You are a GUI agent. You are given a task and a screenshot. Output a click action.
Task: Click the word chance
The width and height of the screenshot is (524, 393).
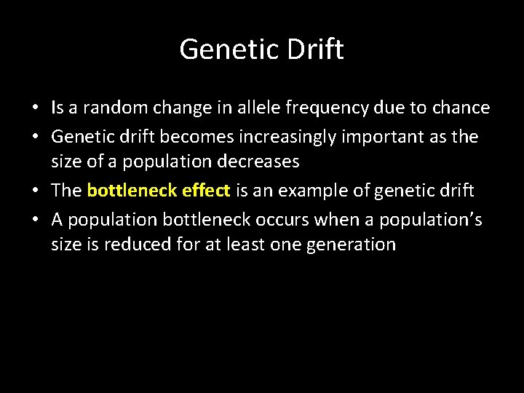click(x=460, y=108)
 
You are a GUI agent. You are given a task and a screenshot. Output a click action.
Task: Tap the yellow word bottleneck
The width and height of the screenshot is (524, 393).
click(x=131, y=191)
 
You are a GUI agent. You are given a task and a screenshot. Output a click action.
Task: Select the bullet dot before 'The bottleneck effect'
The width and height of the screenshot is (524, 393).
click(x=35, y=191)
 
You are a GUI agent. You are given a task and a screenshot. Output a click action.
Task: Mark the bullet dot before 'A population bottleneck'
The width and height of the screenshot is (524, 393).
click(x=35, y=219)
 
